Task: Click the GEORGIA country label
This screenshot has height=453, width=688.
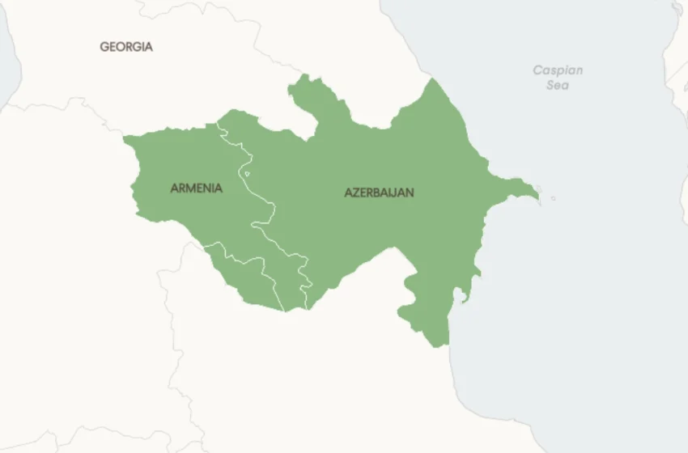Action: click(125, 47)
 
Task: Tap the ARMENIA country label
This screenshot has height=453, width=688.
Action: click(196, 188)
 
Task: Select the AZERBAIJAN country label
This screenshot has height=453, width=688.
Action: click(379, 193)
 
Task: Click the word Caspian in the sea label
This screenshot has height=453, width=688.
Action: click(557, 70)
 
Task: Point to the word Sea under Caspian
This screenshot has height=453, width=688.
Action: click(557, 85)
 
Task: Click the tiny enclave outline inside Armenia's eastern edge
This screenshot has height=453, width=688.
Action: click(246, 172)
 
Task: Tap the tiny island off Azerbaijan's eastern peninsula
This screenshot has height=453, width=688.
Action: click(554, 198)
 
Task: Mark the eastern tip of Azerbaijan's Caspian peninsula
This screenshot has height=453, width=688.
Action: click(537, 193)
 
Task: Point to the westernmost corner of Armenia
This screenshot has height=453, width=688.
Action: click(125, 139)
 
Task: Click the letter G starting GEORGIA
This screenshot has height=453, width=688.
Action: click(104, 47)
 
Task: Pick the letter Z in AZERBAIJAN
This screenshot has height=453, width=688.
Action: click(356, 193)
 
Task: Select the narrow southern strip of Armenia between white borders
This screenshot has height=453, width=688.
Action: click(292, 279)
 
